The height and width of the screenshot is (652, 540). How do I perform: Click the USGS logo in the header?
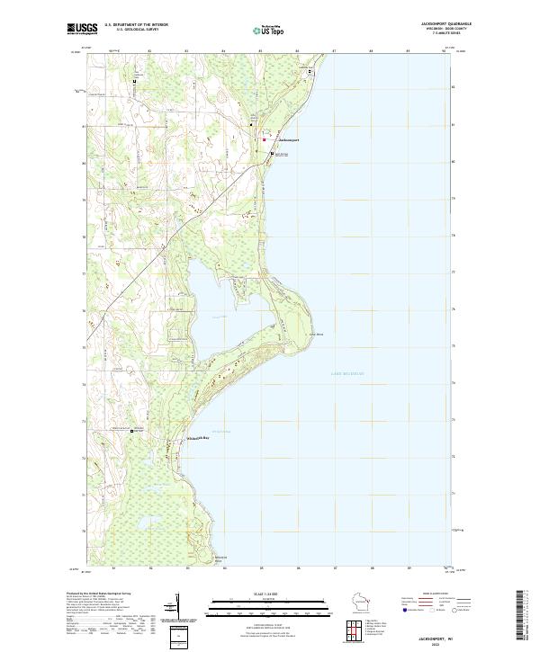pyautogui.click(x=80, y=29)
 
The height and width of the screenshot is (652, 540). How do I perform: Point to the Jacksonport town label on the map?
pyautogui.click(x=283, y=140)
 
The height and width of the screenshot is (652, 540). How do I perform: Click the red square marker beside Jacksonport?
pyautogui.click(x=264, y=139)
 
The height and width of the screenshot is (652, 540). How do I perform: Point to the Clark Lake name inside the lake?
pyautogui.click(x=220, y=317)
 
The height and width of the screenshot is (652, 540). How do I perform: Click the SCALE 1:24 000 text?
pyautogui.click(x=269, y=594)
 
